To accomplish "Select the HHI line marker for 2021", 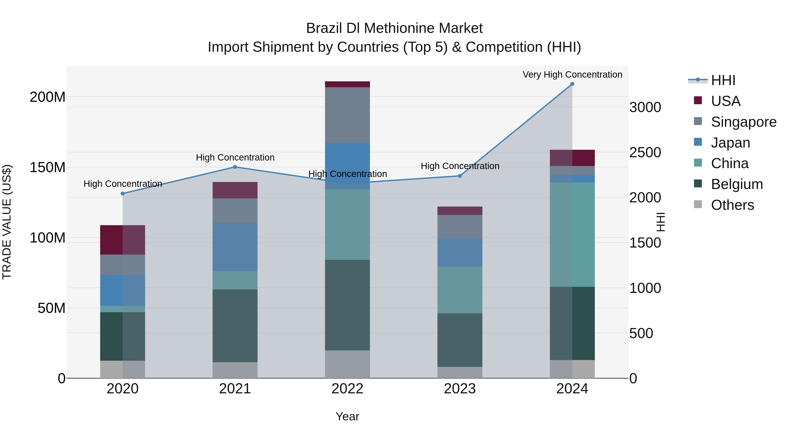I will coord(235,167).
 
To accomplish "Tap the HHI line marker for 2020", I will coord(123,194).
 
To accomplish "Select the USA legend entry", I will coord(725,101).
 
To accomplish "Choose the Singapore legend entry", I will coord(743,122).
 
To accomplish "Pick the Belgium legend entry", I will coord(737,184).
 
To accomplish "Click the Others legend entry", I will coord(732,205).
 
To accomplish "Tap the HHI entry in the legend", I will coord(723,80).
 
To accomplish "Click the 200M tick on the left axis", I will coord(48,97).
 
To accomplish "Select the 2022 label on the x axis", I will coord(347,389).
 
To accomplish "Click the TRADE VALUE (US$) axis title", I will coord(7,222).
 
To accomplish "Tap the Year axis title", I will coord(347,416).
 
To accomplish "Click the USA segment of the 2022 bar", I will coord(347,84).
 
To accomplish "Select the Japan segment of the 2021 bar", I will coord(235,247).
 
